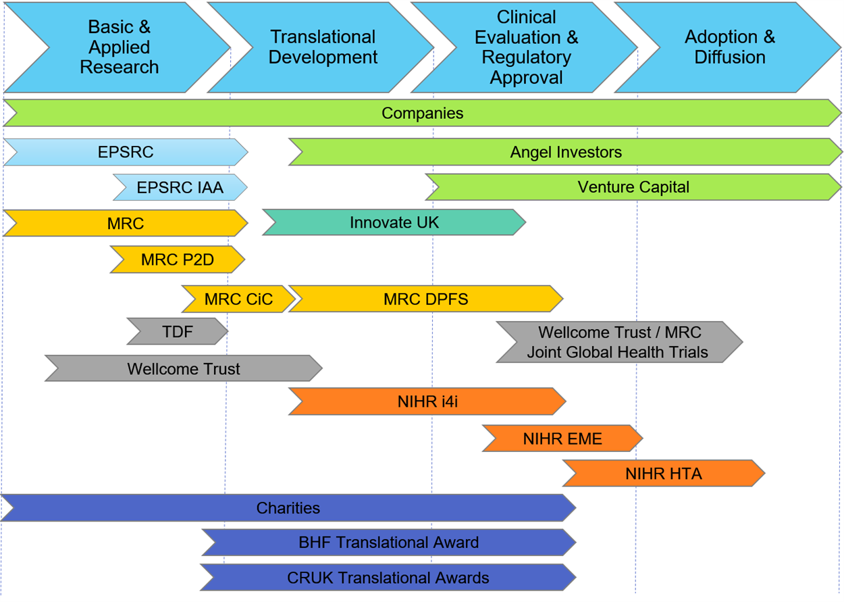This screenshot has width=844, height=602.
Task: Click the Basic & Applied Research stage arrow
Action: pyautogui.click(x=119, y=47)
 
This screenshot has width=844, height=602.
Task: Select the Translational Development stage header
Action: pyautogui.click(x=323, y=47)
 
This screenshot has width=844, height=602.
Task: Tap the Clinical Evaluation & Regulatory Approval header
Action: pyautogui.click(x=526, y=47)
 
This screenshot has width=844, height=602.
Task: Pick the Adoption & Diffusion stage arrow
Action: pyautogui.click(x=729, y=47)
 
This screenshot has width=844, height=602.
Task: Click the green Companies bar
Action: pyautogui.click(x=423, y=113)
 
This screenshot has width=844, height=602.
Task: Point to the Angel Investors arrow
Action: pyautogui.click(x=566, y=152)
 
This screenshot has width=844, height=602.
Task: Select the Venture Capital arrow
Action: pyautogui.click(x=633, y=187)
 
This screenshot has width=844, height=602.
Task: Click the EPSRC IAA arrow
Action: pyautogui.click(x=180, y=187)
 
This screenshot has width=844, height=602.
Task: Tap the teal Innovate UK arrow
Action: pyautogui.click(x=394, y=222)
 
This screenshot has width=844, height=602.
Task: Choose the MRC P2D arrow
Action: pyautogui.click(x=178, y=259)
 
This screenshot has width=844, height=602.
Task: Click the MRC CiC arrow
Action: pyautogui.click(x=238, y=299)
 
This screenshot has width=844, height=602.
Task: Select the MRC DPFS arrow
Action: pyautogui.click(x=425, y=299)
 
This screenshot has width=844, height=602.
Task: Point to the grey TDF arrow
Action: pyautogui.click(x=178, y=332)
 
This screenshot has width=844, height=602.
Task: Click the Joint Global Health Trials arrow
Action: pyautogui.click(x=619, y=342)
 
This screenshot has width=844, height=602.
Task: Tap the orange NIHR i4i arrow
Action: pyautogui.click(x=427, y=402)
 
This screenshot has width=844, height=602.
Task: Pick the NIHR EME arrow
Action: pyautogui.click(x=562, y=438)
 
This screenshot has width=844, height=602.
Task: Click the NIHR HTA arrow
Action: pyautogui.click(x=664, y=474)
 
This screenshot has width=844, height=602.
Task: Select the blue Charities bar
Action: pyautogui.click(x=288, y=508)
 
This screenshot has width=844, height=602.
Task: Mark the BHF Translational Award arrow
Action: pyautogui.click(x=389, y=543)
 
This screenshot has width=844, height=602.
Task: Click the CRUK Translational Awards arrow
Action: pyautogui.click(x=388, y=578)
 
